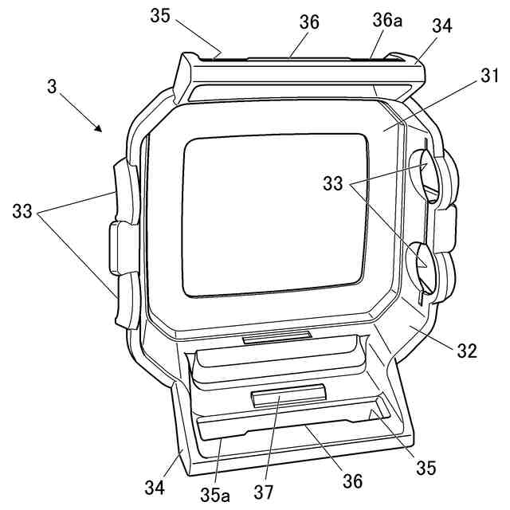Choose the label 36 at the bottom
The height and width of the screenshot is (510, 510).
351,481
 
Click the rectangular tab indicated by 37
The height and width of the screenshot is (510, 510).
288,394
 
